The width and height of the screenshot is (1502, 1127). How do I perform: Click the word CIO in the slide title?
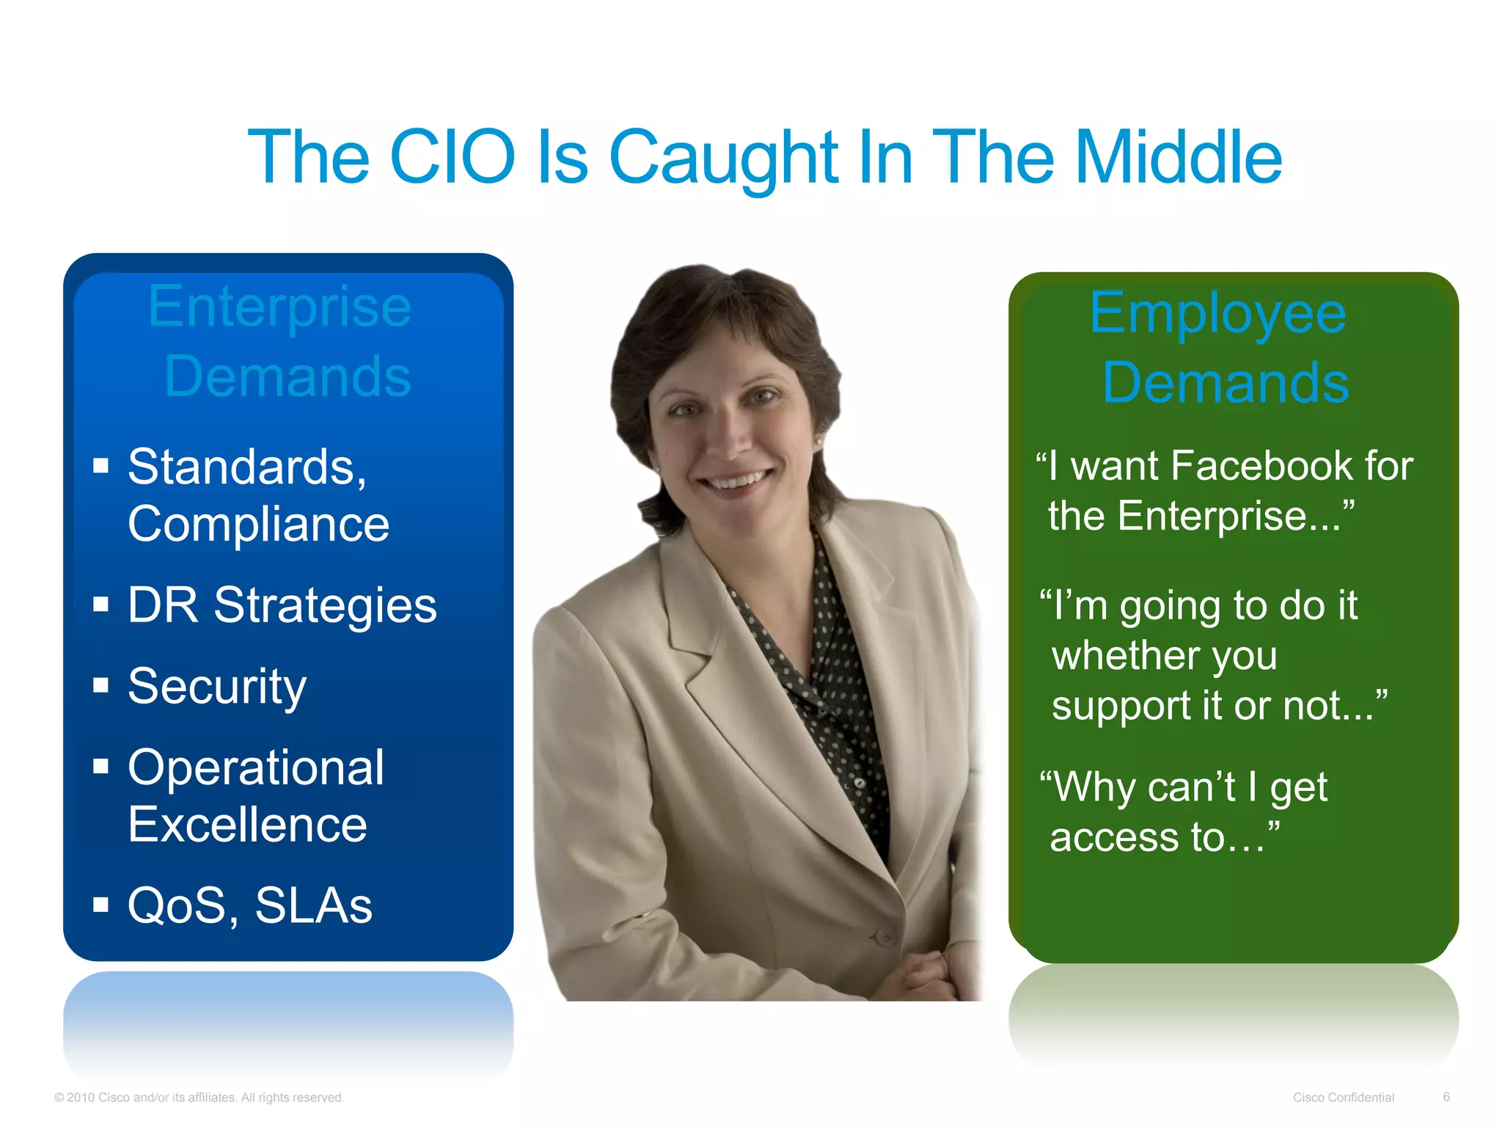tap(453, 156)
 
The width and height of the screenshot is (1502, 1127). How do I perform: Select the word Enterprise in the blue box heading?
tap(279, 306)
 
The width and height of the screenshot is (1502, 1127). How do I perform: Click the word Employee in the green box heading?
tap(1217, 312)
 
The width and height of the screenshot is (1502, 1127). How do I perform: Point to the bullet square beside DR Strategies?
tap(101, 605)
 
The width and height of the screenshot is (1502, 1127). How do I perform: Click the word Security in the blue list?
tap(217, 687)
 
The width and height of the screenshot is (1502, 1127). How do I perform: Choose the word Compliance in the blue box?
tap(258, 524)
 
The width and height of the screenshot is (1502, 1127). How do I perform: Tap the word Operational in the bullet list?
tap(256, 767)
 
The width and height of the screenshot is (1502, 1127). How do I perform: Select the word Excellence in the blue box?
tap(247, 825)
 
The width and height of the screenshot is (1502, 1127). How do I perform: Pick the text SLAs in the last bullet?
tap(314, 905)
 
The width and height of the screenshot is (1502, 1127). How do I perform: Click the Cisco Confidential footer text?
tap(1343, 1097)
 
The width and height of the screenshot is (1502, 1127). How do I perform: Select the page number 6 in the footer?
tap(1446, 1096)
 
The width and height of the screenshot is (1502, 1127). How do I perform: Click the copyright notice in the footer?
tap(199, 1097)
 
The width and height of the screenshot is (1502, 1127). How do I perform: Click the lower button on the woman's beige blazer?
tap(883, 936)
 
